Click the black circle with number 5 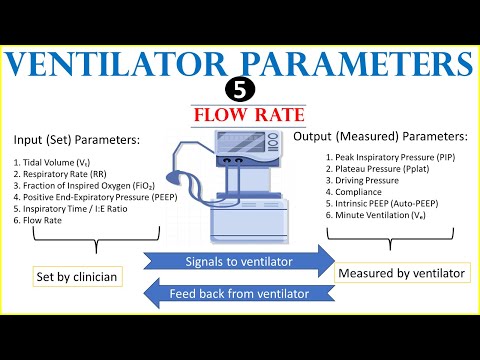point(240,90)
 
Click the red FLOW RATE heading point(249,115)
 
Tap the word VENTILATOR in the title point(115,64)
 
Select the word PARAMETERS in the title point(357,64)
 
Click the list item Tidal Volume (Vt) point(52,163)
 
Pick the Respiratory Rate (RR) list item point(60,174)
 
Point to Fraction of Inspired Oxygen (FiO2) point(84,186)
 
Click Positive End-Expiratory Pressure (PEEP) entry point(95,197)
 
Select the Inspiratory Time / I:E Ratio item point(70,209)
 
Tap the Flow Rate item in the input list point(38,220)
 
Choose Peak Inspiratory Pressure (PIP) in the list point(390,157)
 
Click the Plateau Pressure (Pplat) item point(377,169)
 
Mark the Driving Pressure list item point(362,180)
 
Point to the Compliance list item point(354,192)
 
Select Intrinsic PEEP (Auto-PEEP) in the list point(382,204)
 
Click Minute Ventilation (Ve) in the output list point(376,215)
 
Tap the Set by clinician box point(77,276)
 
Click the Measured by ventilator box point(402,273)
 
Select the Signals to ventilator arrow point(239,261)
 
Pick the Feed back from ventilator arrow point(239,293)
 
